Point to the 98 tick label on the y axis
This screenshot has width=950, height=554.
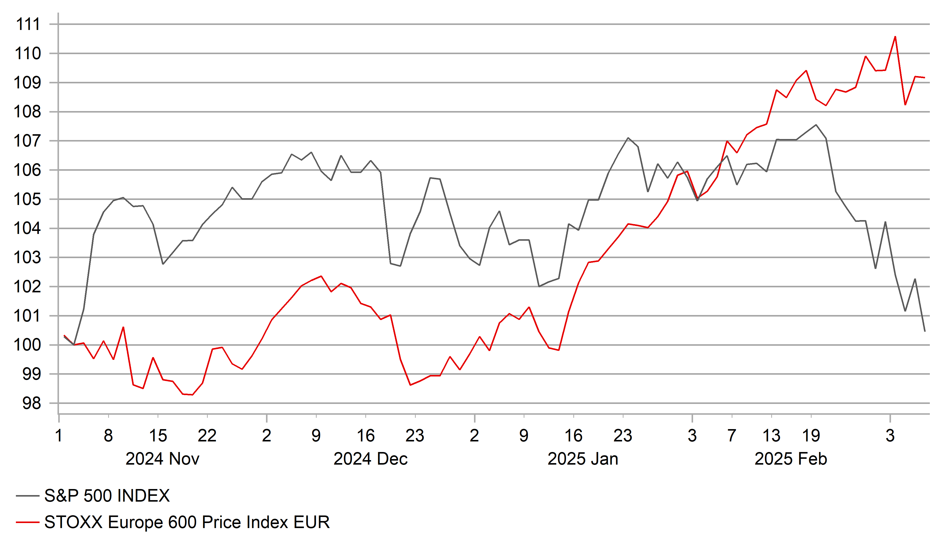pos(32,403)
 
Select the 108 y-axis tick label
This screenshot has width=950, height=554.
pos(27,112)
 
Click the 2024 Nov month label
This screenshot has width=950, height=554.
pos(162,459)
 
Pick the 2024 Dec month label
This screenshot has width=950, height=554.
pos(371,459)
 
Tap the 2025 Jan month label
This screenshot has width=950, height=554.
pos(583,459)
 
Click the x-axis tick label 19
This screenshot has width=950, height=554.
pos(811,436)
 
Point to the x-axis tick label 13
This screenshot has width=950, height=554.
pos(772,436)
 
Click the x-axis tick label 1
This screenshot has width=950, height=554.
pos(59,436)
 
